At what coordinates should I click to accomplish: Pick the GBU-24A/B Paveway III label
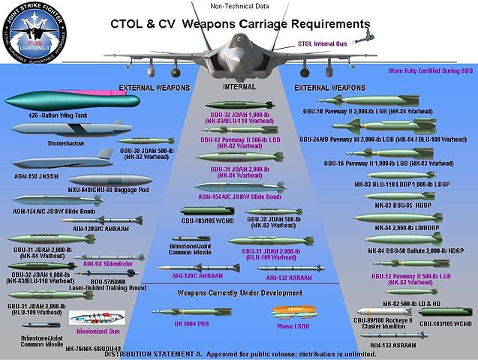click(x=383, y=139)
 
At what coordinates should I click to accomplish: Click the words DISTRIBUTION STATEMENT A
click(x=155, y=353)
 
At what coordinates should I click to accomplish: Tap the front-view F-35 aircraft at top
click(x=239, y=48)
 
